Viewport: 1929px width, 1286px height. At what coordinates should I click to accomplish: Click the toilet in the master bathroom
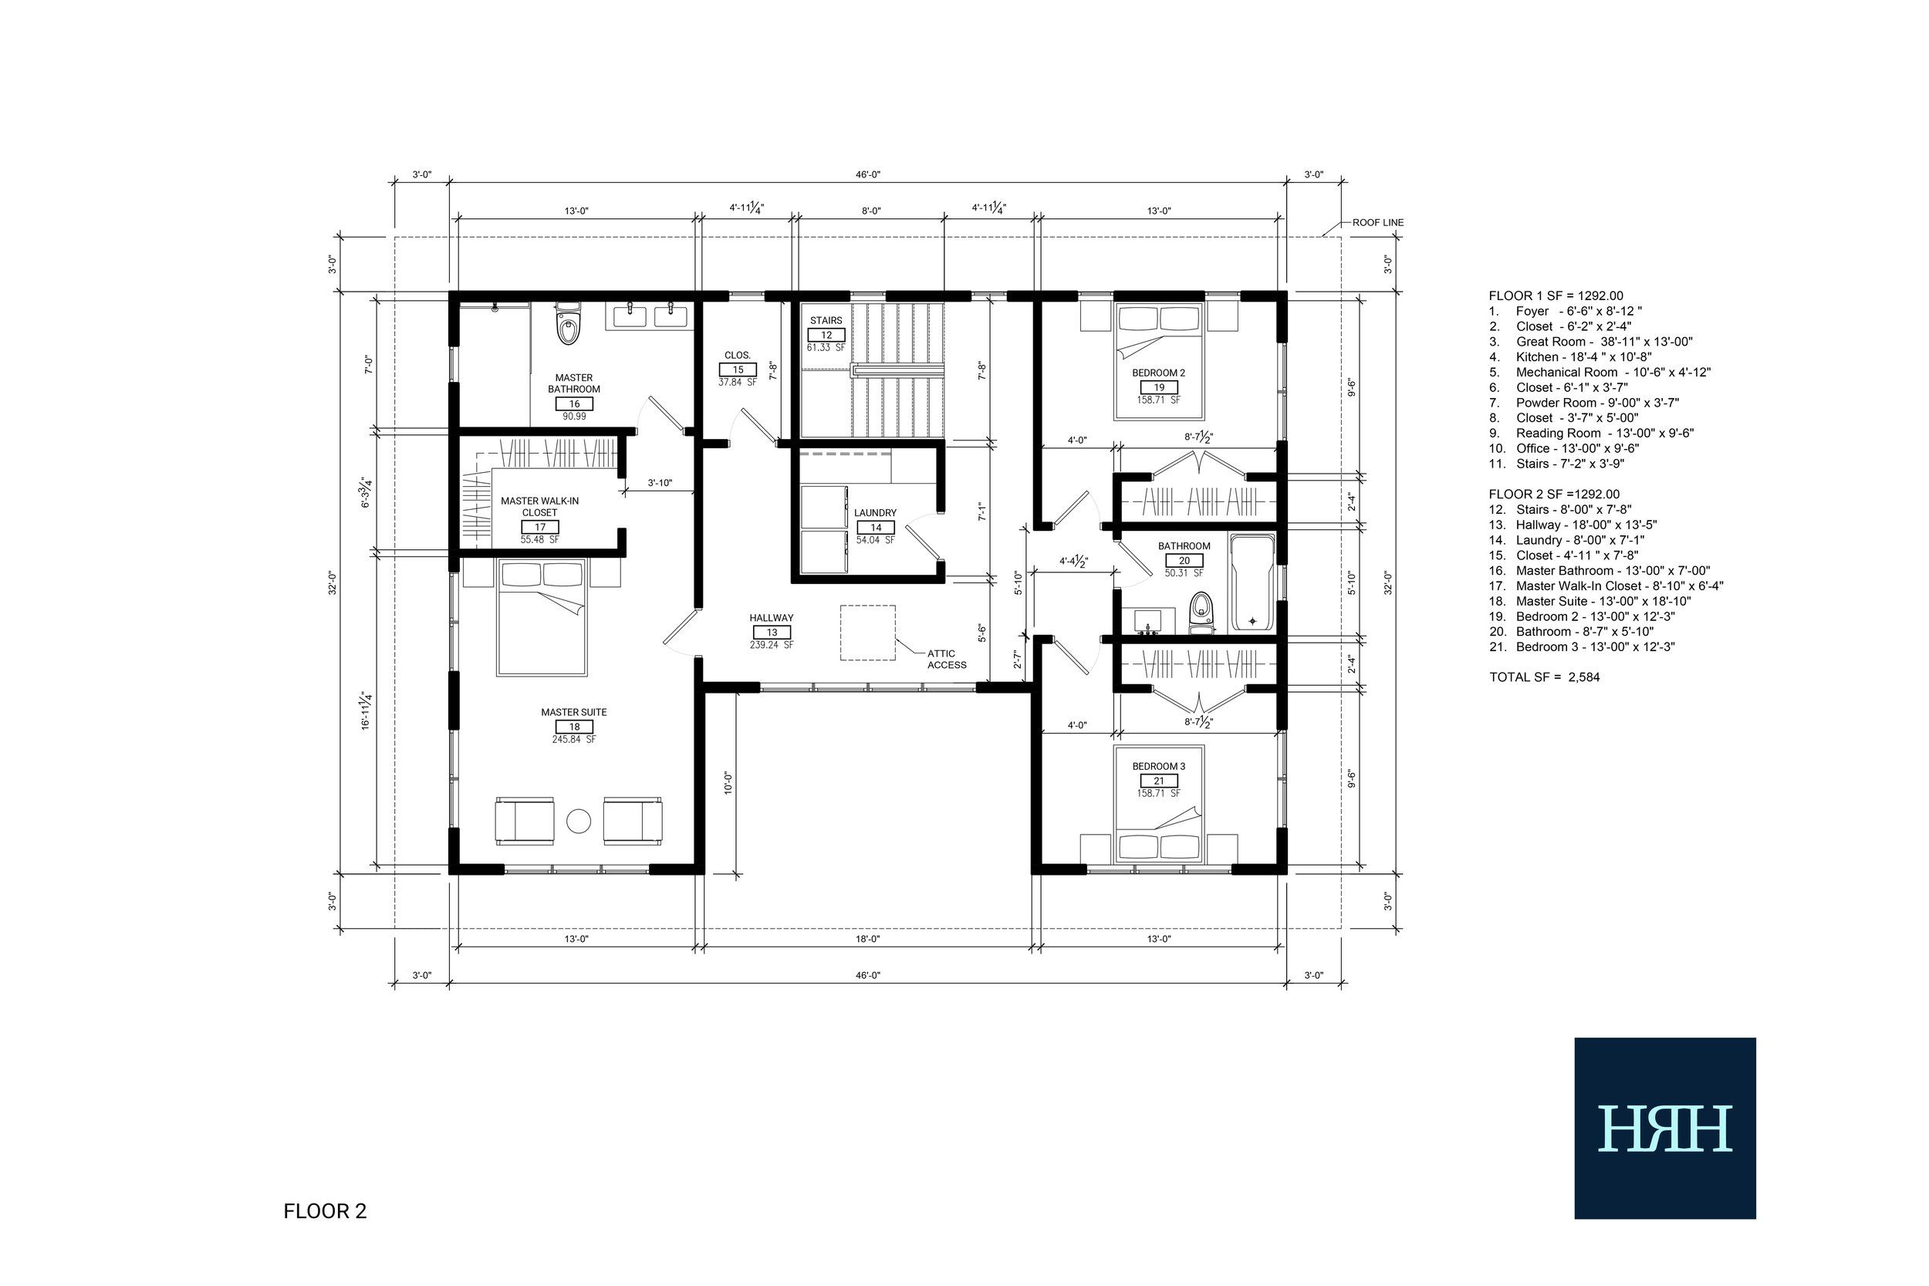tap(568, 325)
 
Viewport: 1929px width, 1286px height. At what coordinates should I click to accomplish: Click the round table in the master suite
tap(579, 820)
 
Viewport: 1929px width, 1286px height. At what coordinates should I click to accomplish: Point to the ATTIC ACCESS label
tap(947, 659)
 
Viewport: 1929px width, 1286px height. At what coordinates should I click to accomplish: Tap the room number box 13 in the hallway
tap(772, 633)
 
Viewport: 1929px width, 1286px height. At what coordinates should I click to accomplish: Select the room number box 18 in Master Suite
tap(574, 727)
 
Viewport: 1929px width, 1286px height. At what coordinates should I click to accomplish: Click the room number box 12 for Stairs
tap(826, 335)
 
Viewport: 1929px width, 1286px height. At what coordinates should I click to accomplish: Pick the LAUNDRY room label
tap(875, 512)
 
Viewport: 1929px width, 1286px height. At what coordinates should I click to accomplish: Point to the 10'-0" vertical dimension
tap(728, 782)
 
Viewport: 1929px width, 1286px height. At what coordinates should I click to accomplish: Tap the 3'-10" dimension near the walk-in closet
tap(660, 483)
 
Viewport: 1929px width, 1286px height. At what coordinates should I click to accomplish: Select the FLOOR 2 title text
tap(325, 1211)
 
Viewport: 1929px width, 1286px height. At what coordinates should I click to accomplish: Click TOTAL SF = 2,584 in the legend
tap(1544, 677)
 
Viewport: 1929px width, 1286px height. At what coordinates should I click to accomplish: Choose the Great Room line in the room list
tap(1591, 341)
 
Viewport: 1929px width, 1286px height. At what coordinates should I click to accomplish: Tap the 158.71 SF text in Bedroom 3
tap(1159, 793)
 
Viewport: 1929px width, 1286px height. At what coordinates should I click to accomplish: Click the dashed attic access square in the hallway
tap(867, 633)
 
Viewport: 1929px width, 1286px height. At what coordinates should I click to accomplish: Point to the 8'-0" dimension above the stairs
tap(871, 211)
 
